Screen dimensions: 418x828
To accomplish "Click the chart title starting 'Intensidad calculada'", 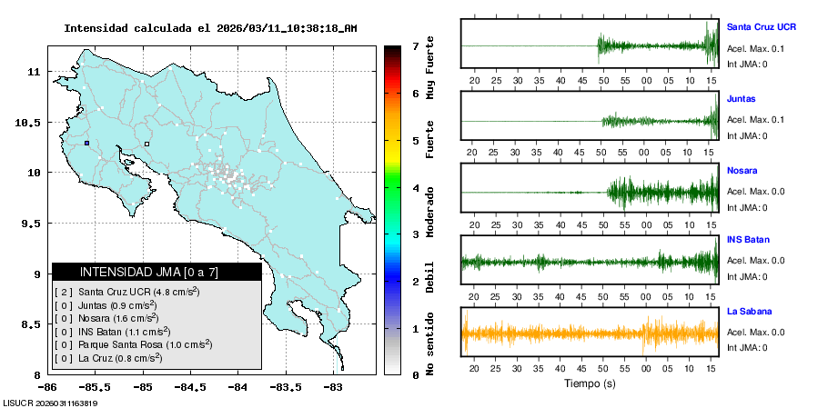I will point(210,28).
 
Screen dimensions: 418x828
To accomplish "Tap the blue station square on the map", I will point(86,143).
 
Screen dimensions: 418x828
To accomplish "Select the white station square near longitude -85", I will point(146,143).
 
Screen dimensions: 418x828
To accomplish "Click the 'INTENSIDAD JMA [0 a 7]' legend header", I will point(156,272).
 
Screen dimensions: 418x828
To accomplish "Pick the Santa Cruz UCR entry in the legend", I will point(127,292).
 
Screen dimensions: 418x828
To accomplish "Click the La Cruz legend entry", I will point(109,358).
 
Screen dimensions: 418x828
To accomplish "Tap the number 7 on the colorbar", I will point(415,45).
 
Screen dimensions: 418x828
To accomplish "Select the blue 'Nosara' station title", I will point(742,170).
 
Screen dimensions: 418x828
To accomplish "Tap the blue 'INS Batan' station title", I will point(747,240).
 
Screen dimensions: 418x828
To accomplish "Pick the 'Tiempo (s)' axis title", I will point(590,383).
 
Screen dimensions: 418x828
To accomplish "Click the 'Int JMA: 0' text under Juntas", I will point(747,135).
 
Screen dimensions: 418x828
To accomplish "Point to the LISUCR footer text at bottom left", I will point(51,403).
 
